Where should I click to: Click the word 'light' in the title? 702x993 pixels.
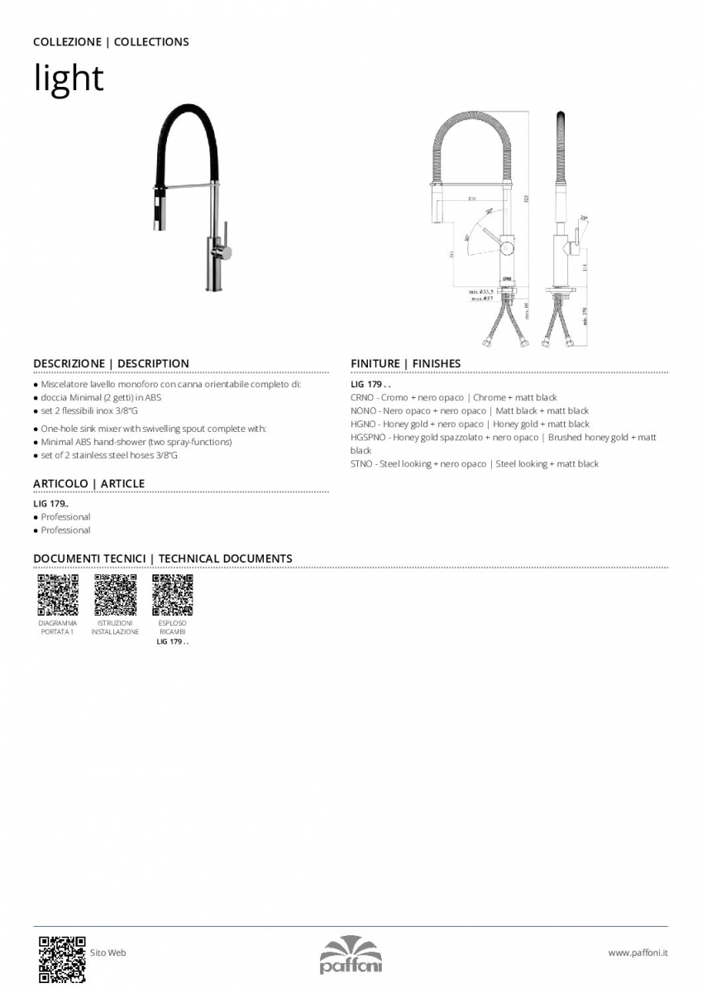pyautogui.click(x=69, y=79)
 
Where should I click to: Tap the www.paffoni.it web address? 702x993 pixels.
pyautogui.click(x=638, y=952)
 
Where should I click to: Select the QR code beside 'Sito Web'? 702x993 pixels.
pyautogui.click(x=62, y=957)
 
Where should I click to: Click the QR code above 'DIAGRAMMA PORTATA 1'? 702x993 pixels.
pyautogui.click(x=58, y=593)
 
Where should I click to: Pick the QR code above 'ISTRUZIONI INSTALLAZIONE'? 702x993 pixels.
pyautogui.click(x=115, y=593)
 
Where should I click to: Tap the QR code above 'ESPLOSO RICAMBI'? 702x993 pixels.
pyautogui.click(x=173, y=593)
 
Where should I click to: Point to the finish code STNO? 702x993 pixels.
pyautogui.click(x=362, y=464)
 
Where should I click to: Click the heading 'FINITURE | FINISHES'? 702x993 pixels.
pyautogui.click(x=405, y=363)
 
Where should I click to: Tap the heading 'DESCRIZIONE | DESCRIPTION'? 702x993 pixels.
pyautogui.click(x=111, y=363)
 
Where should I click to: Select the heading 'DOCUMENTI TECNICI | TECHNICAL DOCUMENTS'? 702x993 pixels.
pyautogui.click(x=162, y=559)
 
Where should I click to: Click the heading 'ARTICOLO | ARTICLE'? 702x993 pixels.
pyautogui.click(x=88, y=483)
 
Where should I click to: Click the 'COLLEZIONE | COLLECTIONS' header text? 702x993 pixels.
pyautogui.click(x=111, y=41)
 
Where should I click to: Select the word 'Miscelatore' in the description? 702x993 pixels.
pyautogui.click(x=64, y=385)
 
